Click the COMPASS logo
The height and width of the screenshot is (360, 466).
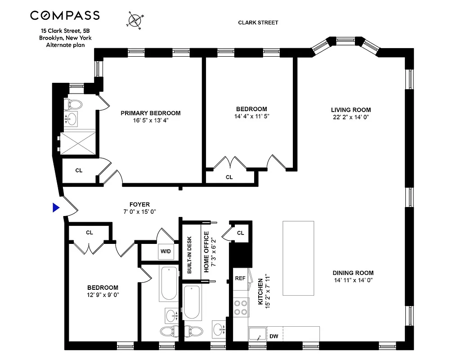pyautogui.click(x=65, y=16)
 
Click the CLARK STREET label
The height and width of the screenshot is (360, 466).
pyautogui.click(x=258, y=22)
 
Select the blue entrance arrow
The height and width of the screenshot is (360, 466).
pyautogui.click(x=56, y=207)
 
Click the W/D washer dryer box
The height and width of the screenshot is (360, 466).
pyautogui.click(x=165, y=251)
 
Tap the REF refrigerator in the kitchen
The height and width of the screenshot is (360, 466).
pyautogui.click(x=240, y=278)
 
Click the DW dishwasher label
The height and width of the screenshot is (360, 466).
pyautogui.click(x=273, y=336)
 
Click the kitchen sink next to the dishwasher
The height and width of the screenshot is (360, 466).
pyautogui.click(x=258, y=334)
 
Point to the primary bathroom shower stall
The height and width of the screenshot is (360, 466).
pyautogui.click(x=78, y=143)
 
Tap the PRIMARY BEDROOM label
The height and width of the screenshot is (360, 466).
pyautogui.click(x=150, y=113)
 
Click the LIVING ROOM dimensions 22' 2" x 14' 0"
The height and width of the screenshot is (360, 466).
pyautogui.click(x=351, y=117)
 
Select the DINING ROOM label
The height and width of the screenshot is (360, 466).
pyautogui.click(x=353, y=273)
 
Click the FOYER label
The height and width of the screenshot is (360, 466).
pyautogui.click(x=139, y=204)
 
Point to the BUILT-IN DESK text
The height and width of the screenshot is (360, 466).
pyautogui.click(x=189, y=255)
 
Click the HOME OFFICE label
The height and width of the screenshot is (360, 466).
pyautogui.click(x=206, y=252)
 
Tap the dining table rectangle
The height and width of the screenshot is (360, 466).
pyautogui.click(x=298, y=258)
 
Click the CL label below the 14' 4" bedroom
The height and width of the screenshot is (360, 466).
pyautogui.click(x=229, y=177)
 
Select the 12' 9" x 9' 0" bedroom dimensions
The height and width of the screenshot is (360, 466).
pyautogui.click(x=103, y=295)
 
